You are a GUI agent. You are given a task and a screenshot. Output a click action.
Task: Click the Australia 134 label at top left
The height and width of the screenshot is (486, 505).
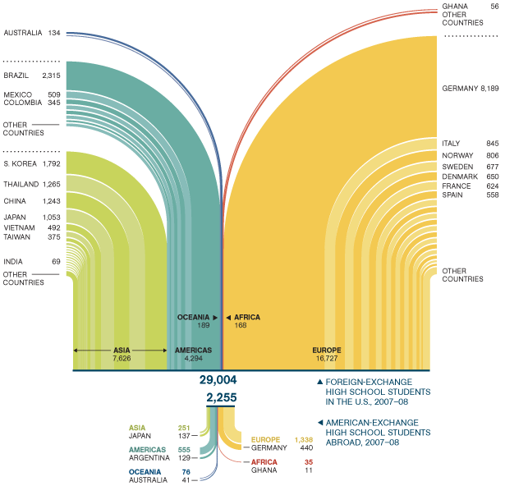(x=32, y=33)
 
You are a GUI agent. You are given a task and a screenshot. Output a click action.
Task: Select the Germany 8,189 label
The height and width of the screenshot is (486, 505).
(x=470, y=88)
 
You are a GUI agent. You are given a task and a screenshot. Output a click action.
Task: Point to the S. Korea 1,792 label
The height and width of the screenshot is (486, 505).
(x=32, y=163)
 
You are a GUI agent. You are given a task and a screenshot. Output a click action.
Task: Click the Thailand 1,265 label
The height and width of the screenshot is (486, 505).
(x=32, y=184)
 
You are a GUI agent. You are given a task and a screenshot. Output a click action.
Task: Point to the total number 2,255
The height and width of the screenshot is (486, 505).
(x=222, y=397)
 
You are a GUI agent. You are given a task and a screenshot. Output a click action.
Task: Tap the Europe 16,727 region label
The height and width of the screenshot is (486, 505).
(x=326, y=354)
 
